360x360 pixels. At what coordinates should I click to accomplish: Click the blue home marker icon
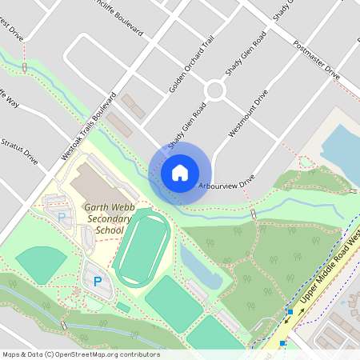(180, 172)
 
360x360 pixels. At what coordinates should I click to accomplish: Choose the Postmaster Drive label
(316, 60)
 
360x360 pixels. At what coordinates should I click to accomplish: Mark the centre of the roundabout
(215, 90)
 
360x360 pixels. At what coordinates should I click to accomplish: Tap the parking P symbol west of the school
(60, 217)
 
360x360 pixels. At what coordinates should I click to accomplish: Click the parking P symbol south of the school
(98, 281)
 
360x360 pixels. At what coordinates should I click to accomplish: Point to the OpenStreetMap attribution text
(81, 354)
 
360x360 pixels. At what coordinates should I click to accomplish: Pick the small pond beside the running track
(201, 268)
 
